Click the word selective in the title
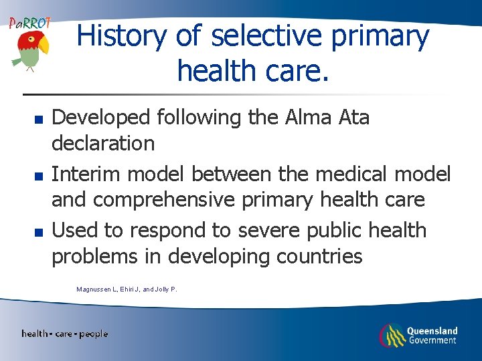tap(263, 36)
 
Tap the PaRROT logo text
tap(29, 23)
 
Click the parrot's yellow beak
tap(44, 45)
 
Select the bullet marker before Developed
tap(39, 120)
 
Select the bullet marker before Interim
tap(39, 176)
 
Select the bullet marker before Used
tap(39, 233)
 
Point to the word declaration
tap(103, 143)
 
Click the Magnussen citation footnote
tap(127, 289)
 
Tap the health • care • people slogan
tap(64, 334)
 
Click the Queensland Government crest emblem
tap(390, 334)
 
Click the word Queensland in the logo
tap(432, 330)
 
